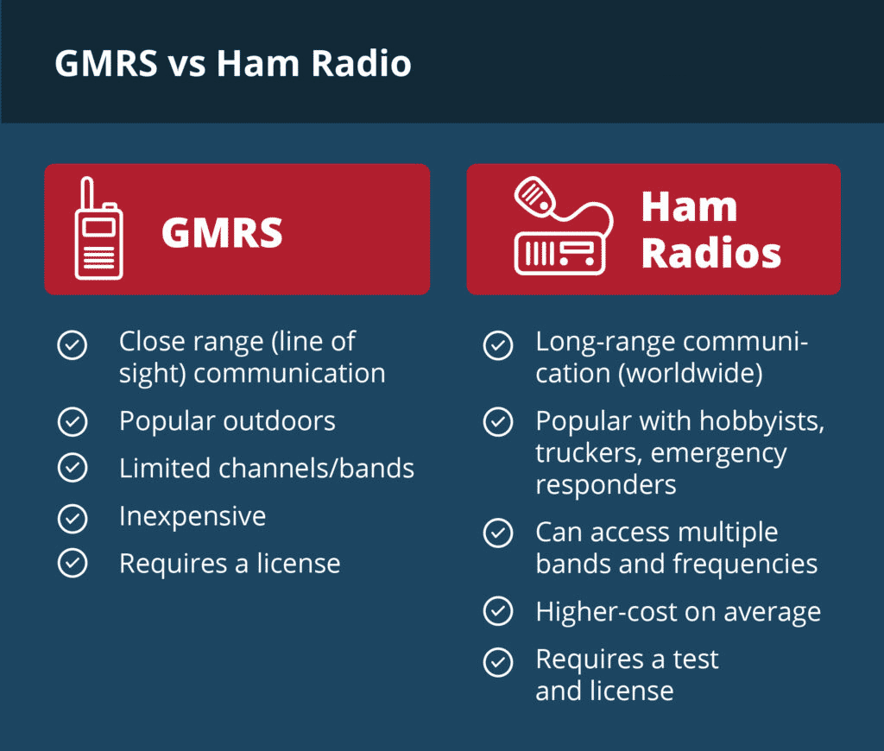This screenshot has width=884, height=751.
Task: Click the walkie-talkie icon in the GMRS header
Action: (x=98, y=229)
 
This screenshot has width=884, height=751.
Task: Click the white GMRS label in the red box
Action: (x=222, y=232)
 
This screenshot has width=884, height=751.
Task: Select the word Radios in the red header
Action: (x=711, y=253)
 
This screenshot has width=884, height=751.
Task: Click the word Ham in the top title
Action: (x=257, y=62)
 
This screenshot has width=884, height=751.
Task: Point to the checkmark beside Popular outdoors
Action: (x=73, y=422)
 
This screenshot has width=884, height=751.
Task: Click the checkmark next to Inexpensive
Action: (x=73, y=519)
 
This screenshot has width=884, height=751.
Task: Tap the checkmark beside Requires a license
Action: (x=73, y=563)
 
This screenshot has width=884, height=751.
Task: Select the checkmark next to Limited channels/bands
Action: (x=73, y=467)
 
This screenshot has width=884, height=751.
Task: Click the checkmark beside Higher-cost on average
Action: (x=498, y=611)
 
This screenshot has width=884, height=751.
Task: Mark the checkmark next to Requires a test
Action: (x=498, y=662)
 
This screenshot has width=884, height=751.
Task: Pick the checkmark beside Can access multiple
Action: (x=498, y=533)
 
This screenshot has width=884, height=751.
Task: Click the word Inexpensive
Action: (x=193, y=517)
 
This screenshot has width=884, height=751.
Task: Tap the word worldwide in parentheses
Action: (x=691, y=373)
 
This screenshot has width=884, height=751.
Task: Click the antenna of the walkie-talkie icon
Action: (x=87, y=193)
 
